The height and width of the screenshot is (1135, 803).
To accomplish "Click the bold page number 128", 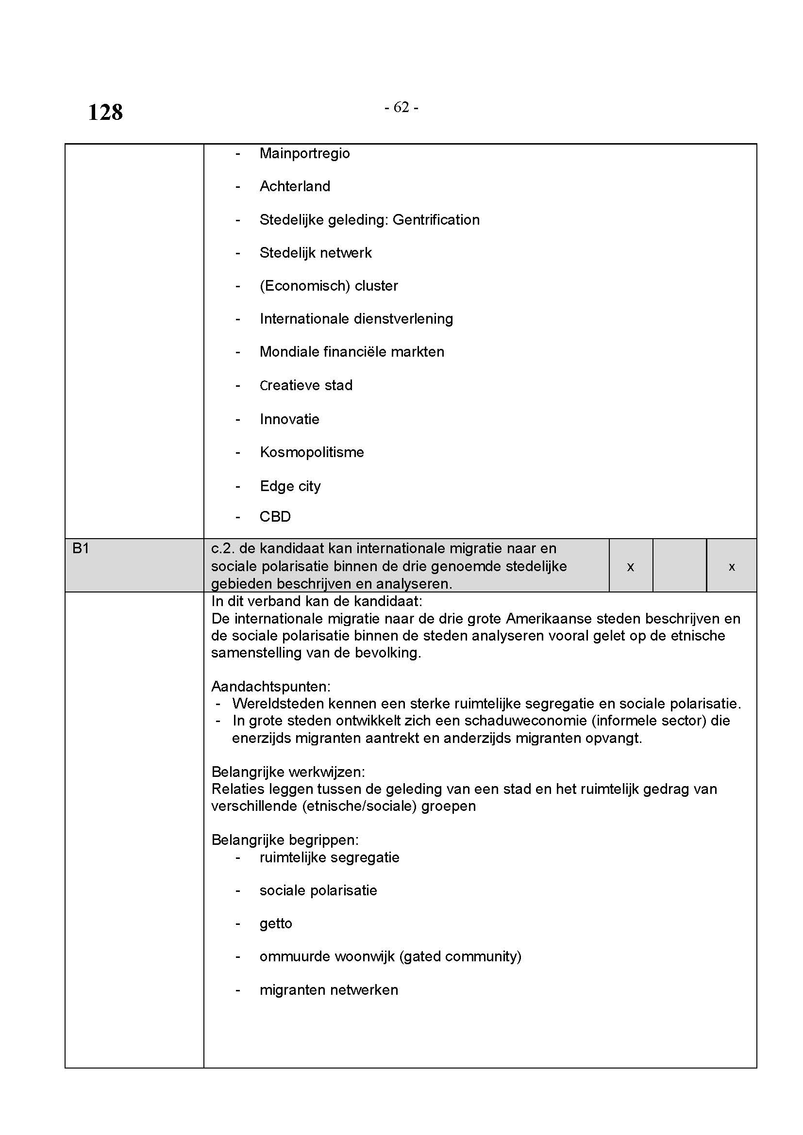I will tap(105, 112).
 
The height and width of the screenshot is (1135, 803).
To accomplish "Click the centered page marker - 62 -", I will tap(401, 107).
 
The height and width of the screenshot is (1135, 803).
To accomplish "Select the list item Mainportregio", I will tap(304, 153).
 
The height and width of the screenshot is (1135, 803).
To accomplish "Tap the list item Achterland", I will tap(295, 186).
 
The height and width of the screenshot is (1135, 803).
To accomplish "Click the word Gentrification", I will tap(435, 219).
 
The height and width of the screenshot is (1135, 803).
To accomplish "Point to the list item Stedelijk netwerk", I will tap(316, 253).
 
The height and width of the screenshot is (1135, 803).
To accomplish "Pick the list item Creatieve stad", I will tap(306, 385).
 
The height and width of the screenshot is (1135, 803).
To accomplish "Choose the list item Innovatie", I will tap(289, 419).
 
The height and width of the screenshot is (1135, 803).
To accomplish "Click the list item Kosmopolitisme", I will tap(312, 452).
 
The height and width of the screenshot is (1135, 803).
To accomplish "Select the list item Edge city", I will tap(290, 486).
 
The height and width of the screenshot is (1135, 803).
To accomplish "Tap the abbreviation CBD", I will tap(275, 517).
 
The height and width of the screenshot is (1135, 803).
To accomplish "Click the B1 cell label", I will tap(81, 548).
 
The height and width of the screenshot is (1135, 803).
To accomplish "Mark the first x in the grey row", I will tap(631, 567).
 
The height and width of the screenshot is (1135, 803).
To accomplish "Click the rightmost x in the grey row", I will tap(732, 567).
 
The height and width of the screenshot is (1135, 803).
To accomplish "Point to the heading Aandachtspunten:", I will tap(270, 686).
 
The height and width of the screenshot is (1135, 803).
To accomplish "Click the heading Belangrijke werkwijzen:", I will tap(288, 772).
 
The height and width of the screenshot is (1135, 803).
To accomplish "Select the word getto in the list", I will tap(275, 923).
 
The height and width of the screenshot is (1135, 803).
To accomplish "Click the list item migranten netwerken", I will tap(328, 990).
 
